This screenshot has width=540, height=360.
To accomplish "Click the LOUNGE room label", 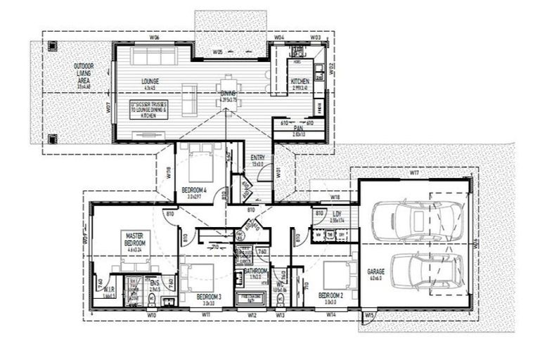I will click(x=149, y=82).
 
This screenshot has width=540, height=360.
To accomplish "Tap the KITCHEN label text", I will click(x=300, y=82).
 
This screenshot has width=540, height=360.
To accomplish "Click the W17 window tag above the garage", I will click(x=413, y=172).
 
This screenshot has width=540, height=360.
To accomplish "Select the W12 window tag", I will click(x=252, y=316).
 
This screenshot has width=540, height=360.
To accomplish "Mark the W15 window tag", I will click(x=370, y=316).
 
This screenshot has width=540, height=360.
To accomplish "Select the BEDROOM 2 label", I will click(x=330, y=295).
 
